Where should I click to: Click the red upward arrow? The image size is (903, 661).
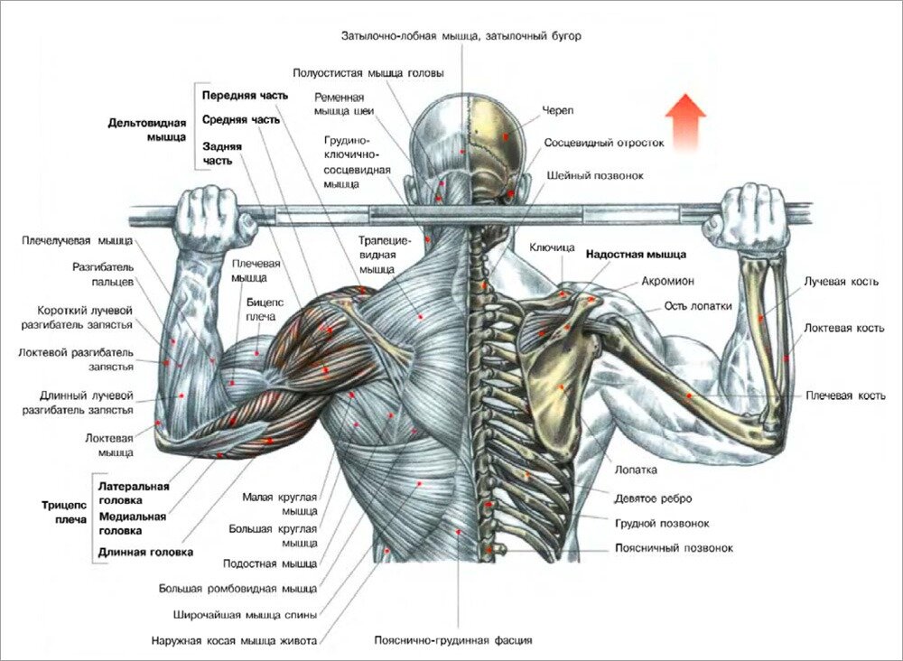685,122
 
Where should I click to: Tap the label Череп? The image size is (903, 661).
557,110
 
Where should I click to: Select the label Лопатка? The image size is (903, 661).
636,470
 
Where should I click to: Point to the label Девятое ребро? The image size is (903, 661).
653,498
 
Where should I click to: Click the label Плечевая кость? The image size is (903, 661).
845,396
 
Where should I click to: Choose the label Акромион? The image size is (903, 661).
667,281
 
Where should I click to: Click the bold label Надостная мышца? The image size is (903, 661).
637,254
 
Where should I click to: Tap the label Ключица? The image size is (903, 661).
552,247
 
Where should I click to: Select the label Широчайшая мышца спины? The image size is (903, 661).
245,615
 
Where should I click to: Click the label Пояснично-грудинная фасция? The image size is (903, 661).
453,640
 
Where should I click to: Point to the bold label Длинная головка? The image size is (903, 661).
145,553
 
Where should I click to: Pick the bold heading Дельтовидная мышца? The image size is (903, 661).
147,130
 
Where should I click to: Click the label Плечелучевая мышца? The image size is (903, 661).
77,240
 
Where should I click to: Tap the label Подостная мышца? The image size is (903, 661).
270,563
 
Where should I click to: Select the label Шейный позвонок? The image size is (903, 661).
595,175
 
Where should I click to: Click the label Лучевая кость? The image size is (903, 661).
842,282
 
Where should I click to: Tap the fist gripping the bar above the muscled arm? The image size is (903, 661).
213,219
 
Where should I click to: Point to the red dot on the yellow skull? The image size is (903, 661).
506,136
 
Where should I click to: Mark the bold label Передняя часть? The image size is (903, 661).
245,96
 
